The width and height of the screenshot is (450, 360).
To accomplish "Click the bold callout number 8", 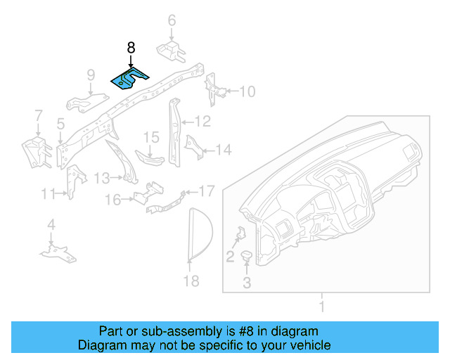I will coord(131,48).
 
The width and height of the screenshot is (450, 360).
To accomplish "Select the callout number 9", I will coord(91,75).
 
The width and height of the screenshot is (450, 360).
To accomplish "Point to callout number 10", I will coord(247,91).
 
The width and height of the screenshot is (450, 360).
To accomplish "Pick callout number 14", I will coord(223,150).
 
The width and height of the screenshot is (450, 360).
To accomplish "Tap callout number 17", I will coord(206,191).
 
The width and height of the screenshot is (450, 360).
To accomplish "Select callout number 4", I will coord(51,225).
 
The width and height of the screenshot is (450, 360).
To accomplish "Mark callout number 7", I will coord(39,115).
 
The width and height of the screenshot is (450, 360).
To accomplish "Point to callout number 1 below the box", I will coord(321,307).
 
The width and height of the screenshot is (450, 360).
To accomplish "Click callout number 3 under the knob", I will coord(247,283).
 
